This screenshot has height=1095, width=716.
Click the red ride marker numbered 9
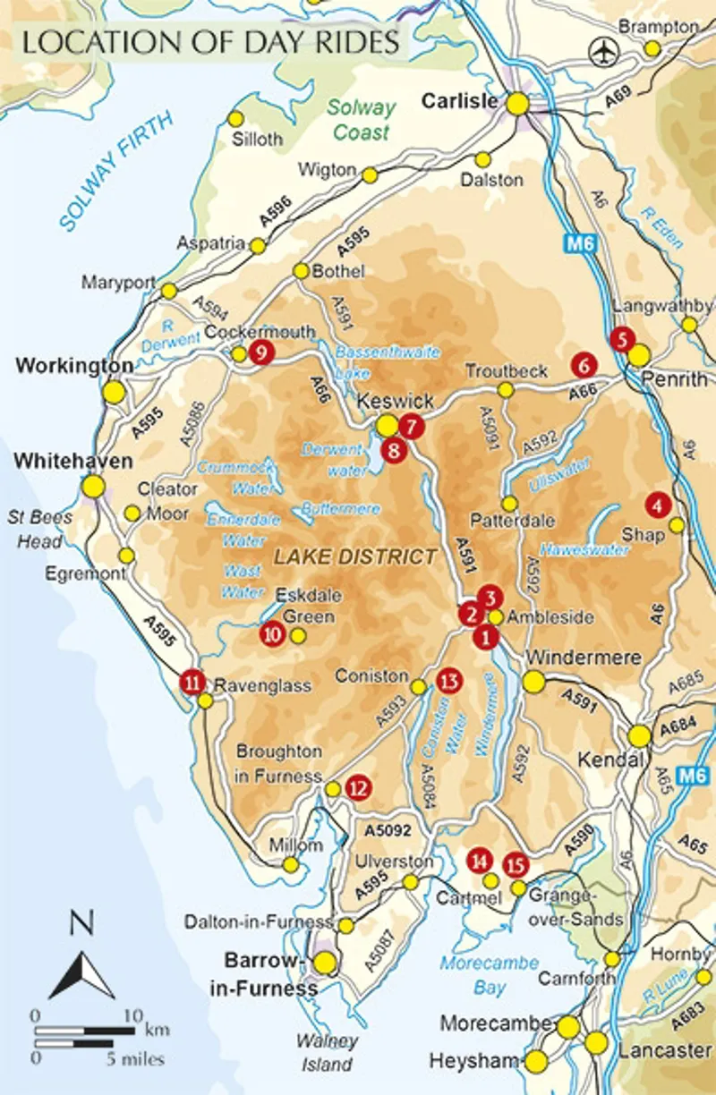[260, 352]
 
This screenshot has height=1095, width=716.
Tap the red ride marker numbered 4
[658, 505]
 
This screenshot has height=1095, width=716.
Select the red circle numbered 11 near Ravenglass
[192, 682]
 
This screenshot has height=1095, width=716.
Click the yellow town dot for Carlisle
[517, 104]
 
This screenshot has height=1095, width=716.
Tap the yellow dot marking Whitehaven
[93, 486]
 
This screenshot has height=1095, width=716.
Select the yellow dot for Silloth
[236, 119]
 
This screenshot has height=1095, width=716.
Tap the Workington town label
[74, 366]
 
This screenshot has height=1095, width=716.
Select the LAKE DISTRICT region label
[355, 556]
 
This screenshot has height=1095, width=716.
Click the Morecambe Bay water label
[489, 975]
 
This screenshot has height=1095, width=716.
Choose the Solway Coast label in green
[360, 119]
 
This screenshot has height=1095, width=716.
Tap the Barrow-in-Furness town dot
[324, 962]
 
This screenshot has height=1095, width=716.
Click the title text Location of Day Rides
[210, 44]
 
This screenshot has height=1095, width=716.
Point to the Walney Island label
[328, 1053]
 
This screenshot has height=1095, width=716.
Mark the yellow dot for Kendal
[639, 735]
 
